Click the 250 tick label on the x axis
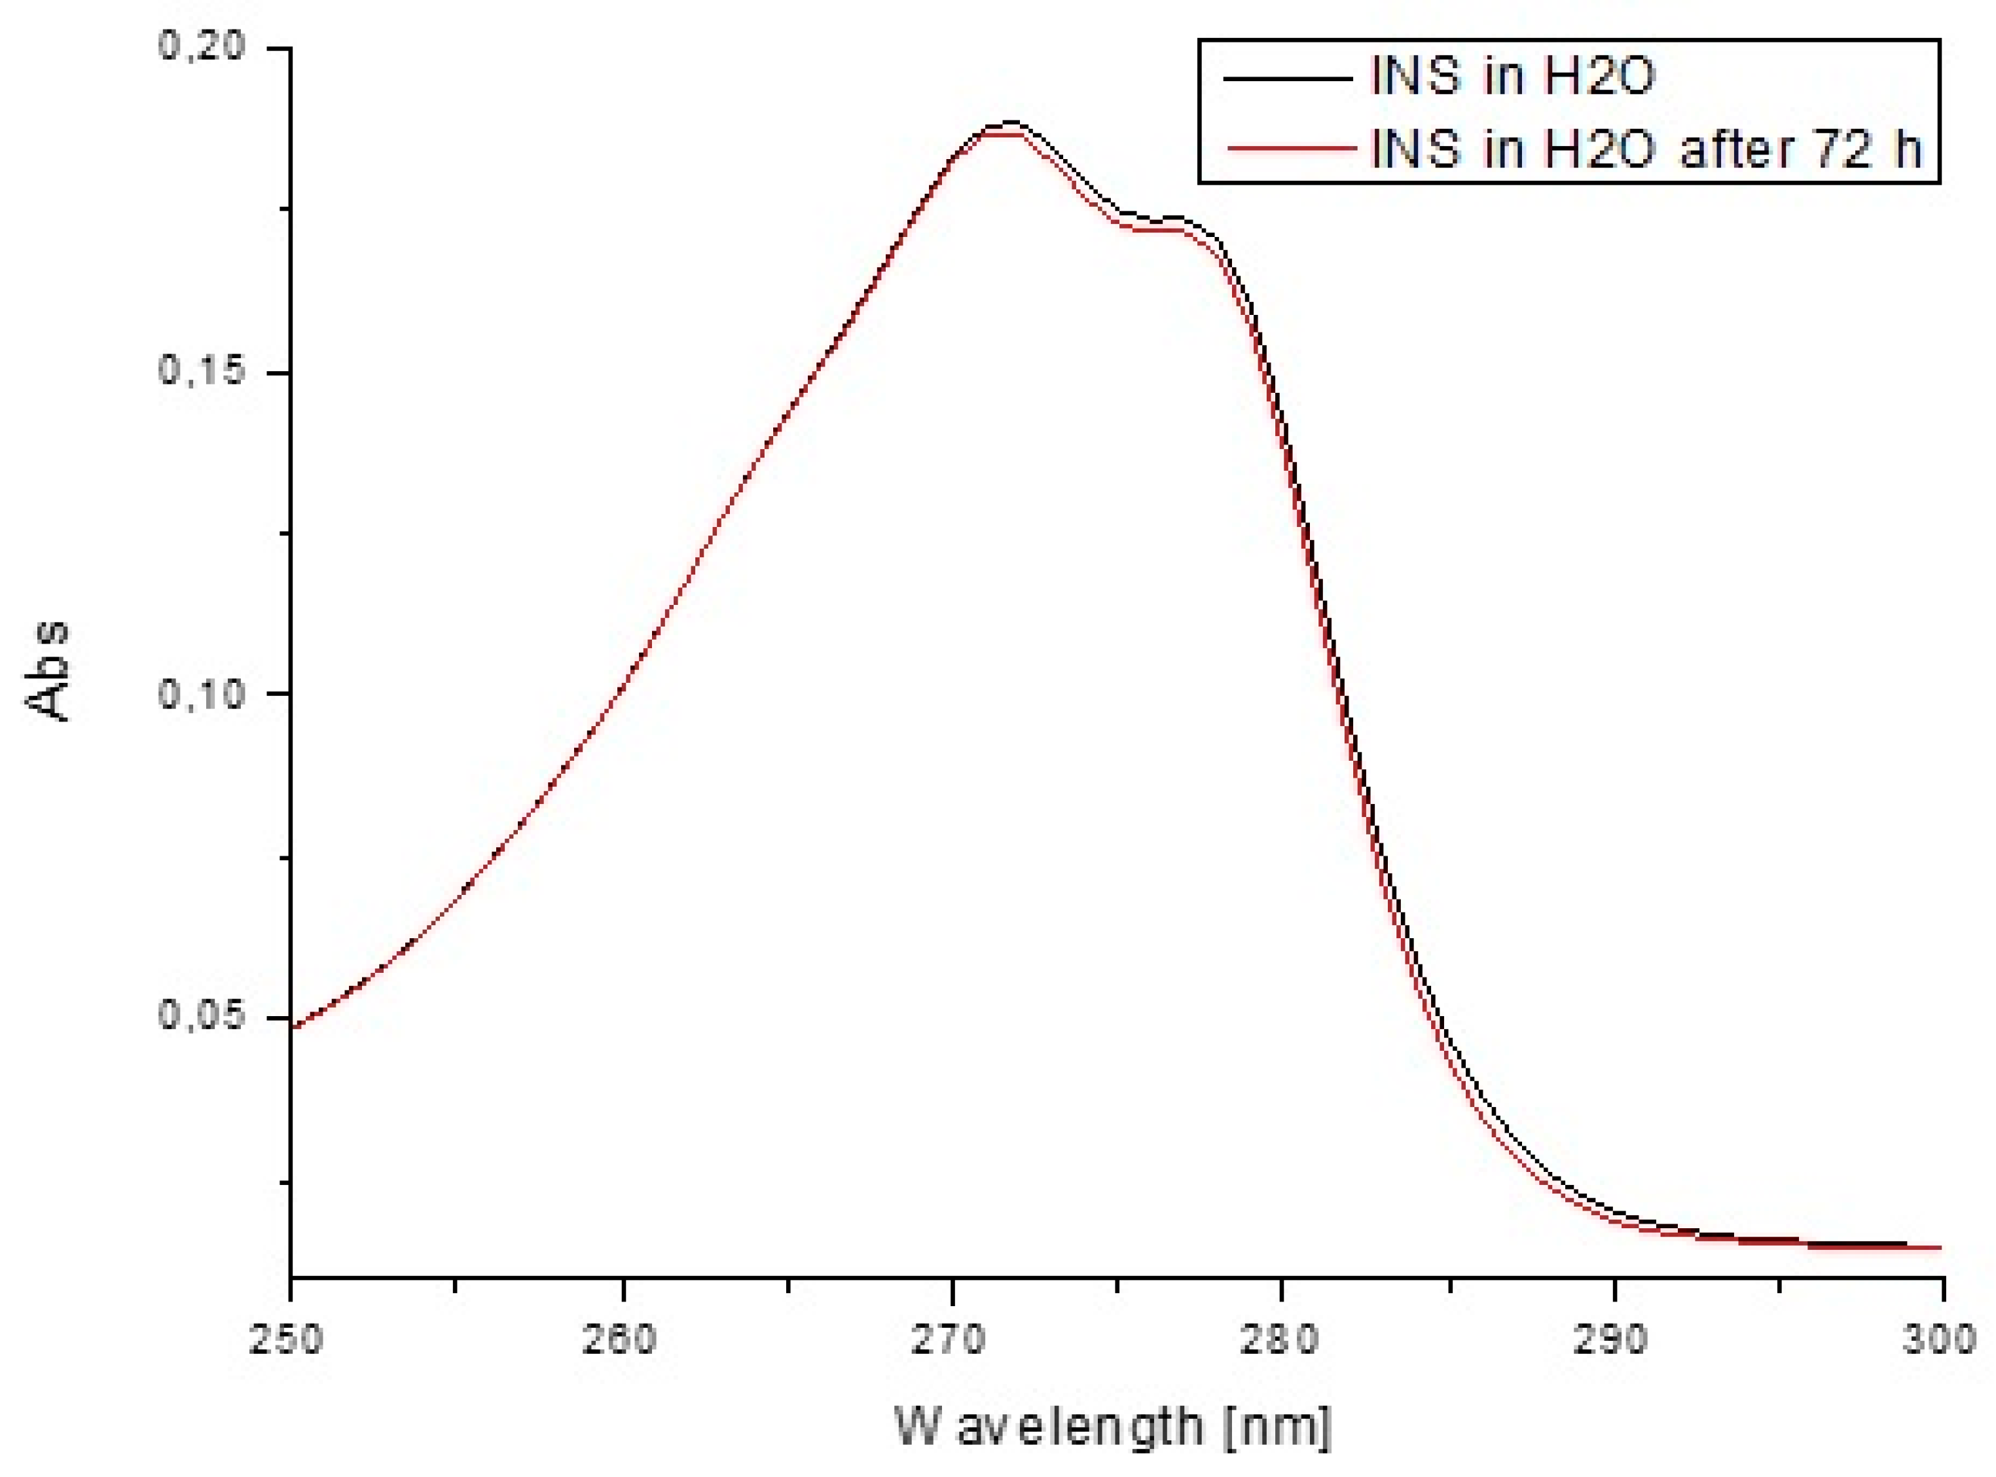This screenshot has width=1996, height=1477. click(x=291, y=1341)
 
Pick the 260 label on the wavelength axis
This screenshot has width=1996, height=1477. click(x=621, y=1341)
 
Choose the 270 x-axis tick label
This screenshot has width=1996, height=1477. click(x=952, y=1341)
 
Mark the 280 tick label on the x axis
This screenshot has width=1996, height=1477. click(x=1282, y=1341)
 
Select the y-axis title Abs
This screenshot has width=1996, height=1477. click(x=46, y=670)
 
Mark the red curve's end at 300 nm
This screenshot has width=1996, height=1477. click(x=1940, y=1247)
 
